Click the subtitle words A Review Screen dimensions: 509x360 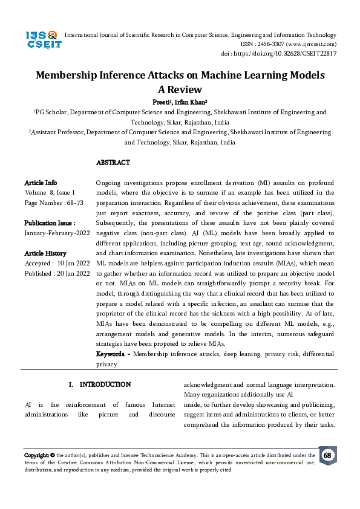point(179,89)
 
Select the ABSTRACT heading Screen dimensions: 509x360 point(113,163)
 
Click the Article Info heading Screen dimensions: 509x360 point(41,183)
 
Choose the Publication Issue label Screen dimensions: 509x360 point(50,222)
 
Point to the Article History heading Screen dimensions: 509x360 point(45,253)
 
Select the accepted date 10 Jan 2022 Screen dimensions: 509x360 point(73,264)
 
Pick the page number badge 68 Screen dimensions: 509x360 point(327,455)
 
